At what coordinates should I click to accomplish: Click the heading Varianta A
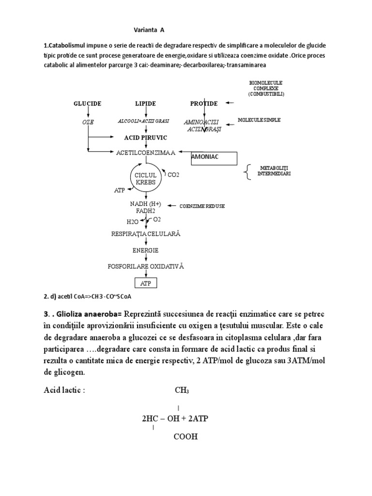tap(149, 30)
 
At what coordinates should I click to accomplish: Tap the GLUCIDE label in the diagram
tap(87, 104)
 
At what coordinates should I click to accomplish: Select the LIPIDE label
tap(146, 104)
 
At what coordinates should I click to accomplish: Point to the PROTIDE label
tap(203, 104)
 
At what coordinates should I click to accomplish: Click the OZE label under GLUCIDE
tap(87, 123)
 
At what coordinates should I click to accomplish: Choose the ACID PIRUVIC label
tap(146, 138)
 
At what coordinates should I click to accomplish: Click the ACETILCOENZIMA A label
tap(145, 153)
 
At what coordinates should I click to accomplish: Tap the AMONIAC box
tap(214, 158)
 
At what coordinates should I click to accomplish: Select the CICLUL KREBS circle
tap(145, 178)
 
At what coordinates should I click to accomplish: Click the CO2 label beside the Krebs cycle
tap(173, 174)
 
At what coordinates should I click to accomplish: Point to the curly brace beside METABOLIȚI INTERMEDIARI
tap(248, 172)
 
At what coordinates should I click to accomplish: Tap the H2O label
tap(132, 222)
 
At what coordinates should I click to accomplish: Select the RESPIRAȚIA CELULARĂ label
tap(146, 234)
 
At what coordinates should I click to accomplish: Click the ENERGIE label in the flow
tap(146, 250)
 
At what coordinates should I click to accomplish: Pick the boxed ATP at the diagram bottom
tap(146, 282)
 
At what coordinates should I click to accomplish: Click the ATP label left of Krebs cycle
tap(120, 191)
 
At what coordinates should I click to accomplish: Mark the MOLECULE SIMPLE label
tap(259, 120)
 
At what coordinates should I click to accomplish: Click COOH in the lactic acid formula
tap(186, 436)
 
